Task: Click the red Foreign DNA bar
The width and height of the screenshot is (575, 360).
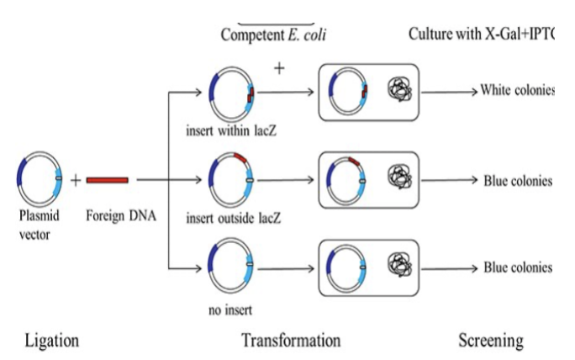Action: click(107, 179)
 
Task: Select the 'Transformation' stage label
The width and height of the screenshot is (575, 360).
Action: click(291, 340)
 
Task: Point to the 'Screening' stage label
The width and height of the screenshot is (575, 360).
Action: click(490, 340)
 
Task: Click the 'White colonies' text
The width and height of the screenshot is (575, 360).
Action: click(516, 90)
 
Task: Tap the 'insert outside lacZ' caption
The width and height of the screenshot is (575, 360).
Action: click(234, 219)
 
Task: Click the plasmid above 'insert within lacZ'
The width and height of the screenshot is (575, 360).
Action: click(231, 93)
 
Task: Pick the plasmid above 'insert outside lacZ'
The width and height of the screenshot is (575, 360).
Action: click(231, 180)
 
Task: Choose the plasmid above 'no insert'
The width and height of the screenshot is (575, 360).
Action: click(231, 268)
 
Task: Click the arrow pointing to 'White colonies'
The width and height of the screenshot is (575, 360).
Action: click(453, 91)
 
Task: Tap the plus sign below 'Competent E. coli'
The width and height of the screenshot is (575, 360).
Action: click(278, 67)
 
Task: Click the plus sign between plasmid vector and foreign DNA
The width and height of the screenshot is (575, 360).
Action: click(75, 179)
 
